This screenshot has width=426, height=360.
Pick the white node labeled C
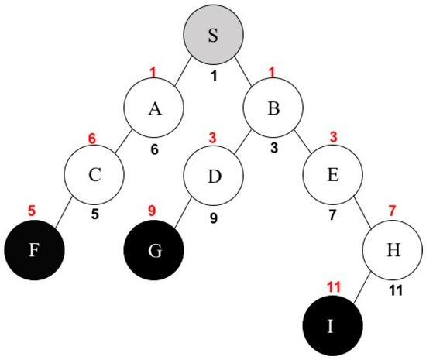point(94,175)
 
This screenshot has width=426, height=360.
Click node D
point(213,176)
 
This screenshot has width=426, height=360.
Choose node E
point(332,175)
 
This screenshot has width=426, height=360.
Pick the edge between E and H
point(362,211)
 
